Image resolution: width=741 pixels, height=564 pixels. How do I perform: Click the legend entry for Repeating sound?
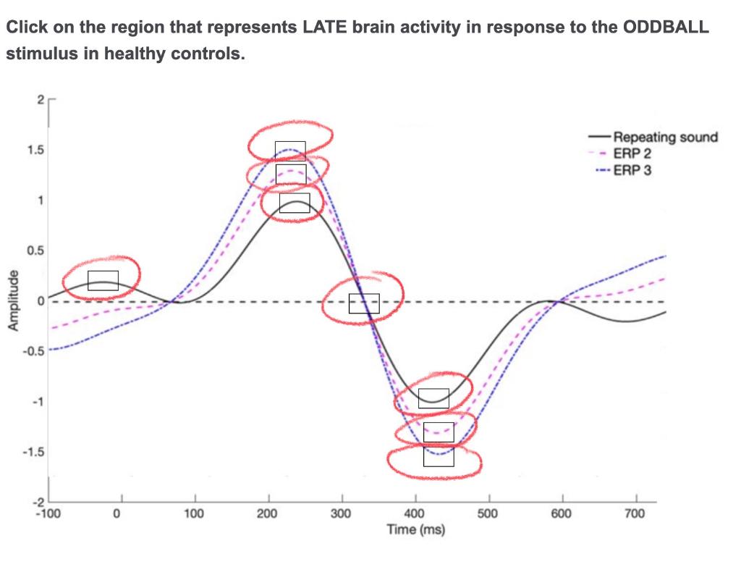click(665, 137)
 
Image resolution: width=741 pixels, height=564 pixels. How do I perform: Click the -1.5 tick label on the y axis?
click(33, 453)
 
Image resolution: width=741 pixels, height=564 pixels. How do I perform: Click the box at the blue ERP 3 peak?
click(290, 151)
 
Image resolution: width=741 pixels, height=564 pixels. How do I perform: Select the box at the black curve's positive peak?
click(295, 203)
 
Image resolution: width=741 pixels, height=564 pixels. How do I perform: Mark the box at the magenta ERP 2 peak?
click(290, 174)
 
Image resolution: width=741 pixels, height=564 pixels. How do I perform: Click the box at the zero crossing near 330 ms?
click(364, 303)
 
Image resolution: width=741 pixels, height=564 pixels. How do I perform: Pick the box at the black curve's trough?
click(433, 398)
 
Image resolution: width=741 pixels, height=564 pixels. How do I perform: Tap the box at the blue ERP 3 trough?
click(439, 456)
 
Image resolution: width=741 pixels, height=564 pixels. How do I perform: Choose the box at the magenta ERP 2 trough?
click(439, 432)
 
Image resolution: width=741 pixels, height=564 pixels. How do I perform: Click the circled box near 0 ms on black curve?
click(103, 280)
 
